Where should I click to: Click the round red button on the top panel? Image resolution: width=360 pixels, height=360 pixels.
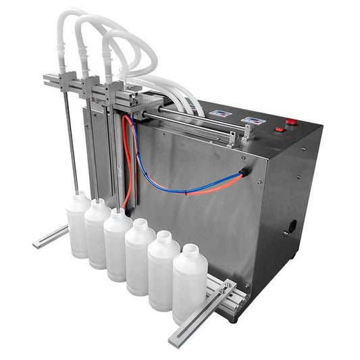(290, 122)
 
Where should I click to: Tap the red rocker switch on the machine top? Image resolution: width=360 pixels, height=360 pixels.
(279, 128)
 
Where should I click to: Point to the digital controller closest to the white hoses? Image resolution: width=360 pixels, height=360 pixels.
(220, 113)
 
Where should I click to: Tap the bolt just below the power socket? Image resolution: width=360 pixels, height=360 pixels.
(286, 234)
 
